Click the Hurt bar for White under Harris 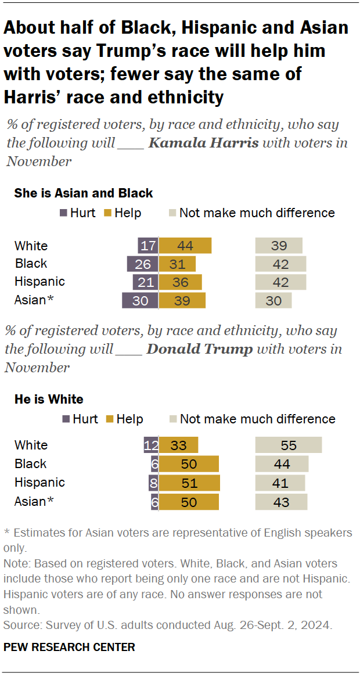[x=148, y=246]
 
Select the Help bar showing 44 [x=185, y=246]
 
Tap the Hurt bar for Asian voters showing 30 [x=140, y=300]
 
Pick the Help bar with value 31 [x=177, y=264]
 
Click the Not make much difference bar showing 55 [x=289, y=445]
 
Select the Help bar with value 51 [x=189, y=483]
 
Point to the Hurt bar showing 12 [x=151, y=445]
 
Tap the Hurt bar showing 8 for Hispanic [x=154, y=483]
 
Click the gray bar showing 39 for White [x=279, y=246]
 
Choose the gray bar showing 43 [x=281, y=502]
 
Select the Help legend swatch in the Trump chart [x=110, y=419]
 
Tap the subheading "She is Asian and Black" [x=84, y=193]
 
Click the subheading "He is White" [x=49, y=399]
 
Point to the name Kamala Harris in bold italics [x=203, y=143]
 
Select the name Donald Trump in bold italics [x=200, y=349]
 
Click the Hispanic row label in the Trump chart [x=39, y=483]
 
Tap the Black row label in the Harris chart [x=31, y=264]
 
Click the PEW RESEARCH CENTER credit [x=69, y=647]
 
